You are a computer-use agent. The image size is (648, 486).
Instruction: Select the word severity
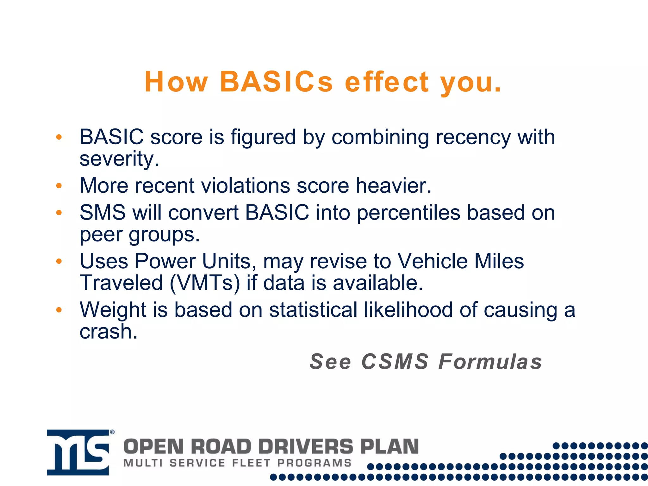click(119, 159)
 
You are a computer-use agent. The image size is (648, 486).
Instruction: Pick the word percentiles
click(408, 213)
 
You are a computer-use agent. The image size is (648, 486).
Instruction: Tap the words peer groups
click(140, 235)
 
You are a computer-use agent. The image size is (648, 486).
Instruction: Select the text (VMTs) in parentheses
click(205, 283)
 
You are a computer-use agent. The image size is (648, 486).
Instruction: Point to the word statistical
click(313, 310)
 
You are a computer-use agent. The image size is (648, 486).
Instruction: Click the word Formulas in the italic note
click(490, 362)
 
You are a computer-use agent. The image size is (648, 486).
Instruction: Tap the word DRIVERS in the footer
click(305, 447)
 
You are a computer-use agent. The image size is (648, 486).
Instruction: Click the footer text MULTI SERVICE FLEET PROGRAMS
click(237, 463)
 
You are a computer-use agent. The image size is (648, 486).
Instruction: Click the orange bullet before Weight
click(59, 310)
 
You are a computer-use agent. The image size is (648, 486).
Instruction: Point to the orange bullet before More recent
click(59, 186)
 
